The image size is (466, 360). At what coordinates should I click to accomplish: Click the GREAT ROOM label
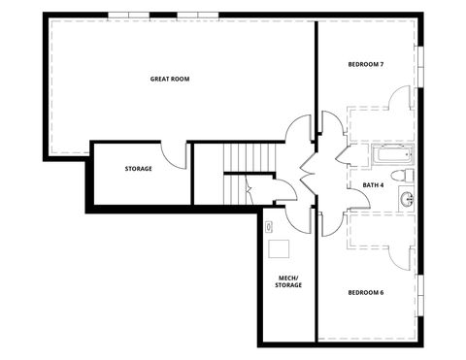[169, 79]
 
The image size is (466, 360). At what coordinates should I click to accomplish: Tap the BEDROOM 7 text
[366, 65]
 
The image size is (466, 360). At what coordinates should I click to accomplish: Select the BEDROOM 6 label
[366, 292]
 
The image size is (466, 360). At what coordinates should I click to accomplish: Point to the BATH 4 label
[373, 184]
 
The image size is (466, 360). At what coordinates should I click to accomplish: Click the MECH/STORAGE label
[289, 281]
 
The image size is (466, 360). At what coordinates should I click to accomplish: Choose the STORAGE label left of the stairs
[138, 169]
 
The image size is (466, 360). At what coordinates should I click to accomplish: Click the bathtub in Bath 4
[391, 155]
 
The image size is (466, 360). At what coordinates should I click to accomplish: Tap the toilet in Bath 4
[408, 176]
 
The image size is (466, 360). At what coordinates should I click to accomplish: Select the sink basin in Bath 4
[406, 200]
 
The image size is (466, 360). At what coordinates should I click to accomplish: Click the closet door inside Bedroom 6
[400, 254]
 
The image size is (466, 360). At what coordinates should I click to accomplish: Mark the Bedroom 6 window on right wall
[420, 292]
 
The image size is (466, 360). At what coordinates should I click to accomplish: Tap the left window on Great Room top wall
[130, 15]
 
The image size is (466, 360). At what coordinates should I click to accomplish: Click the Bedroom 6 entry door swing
[329, 223]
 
